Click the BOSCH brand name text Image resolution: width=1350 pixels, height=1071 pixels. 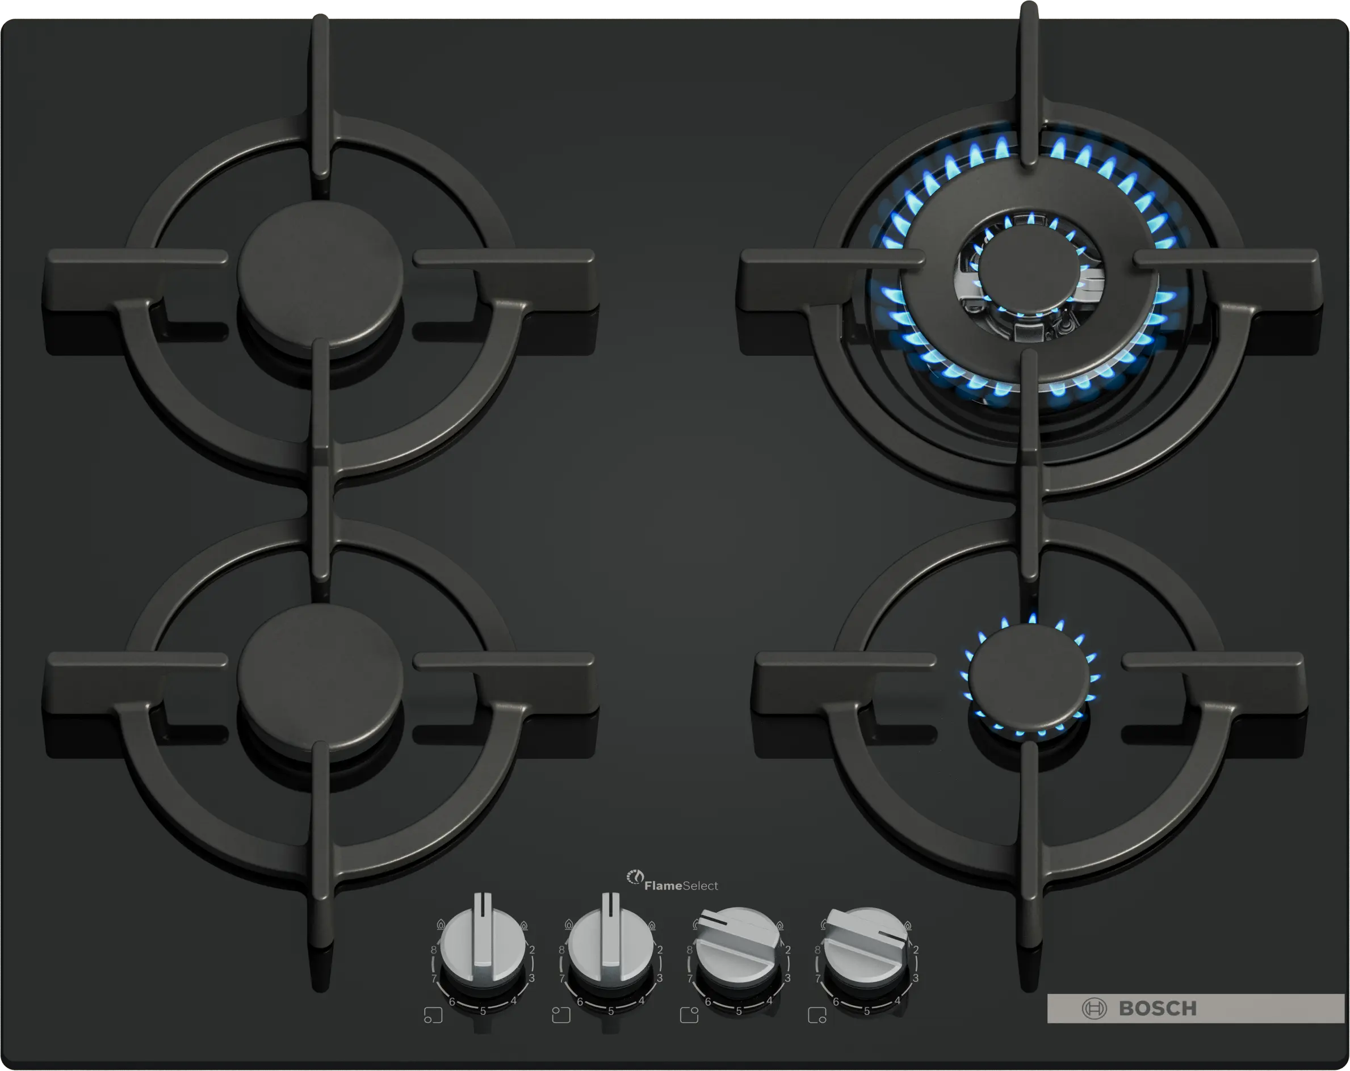(x=1157, y=1009)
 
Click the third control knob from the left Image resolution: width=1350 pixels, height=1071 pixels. (x=739, y=945)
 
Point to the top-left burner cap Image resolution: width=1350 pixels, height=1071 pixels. (x=320, y=273)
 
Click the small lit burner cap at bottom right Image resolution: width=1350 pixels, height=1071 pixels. (x=1029, y=675)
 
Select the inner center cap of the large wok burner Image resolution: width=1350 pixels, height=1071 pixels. (x=1028, y=266)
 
